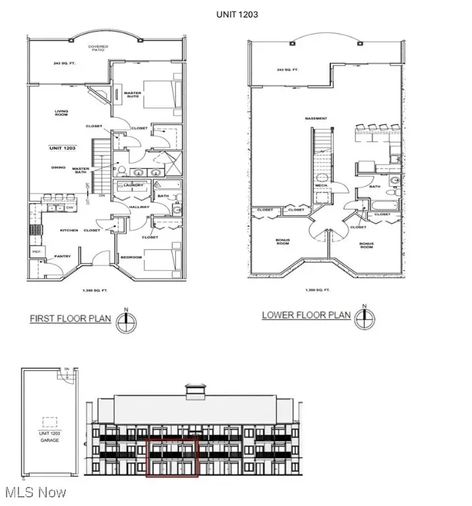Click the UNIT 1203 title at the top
[236, 13]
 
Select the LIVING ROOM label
[61, 113]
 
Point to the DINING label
[58, 167]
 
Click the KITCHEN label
[69, 230]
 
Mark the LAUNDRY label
[133, 186]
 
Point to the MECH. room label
[322, 186]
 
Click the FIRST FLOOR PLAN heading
[71, 319]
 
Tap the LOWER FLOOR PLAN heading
[306, 315]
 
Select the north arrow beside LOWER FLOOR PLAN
[363, 318]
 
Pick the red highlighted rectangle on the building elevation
[172, 457]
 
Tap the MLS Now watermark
[34, 492]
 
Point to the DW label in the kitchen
[69, 208]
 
